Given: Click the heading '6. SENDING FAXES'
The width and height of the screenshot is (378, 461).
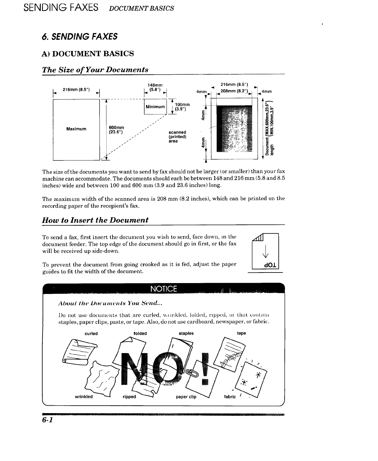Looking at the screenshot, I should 80,37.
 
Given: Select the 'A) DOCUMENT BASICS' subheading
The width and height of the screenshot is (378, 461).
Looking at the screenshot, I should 88,54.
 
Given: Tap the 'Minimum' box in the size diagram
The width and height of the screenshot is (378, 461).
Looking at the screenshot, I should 155,107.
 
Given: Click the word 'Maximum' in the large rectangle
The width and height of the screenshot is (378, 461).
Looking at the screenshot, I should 76,129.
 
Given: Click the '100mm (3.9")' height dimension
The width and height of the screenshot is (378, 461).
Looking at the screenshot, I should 182,107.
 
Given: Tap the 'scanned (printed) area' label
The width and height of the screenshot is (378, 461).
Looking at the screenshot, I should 177,137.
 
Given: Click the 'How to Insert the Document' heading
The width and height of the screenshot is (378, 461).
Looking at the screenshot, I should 95,220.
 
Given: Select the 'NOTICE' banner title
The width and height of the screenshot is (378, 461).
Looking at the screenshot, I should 164,289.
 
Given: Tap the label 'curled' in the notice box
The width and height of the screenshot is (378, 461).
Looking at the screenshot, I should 91,333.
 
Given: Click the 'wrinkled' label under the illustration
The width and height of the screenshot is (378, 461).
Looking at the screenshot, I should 84,397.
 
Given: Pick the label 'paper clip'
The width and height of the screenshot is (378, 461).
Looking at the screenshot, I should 186,397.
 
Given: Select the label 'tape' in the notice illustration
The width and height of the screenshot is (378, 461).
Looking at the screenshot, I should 241,333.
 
